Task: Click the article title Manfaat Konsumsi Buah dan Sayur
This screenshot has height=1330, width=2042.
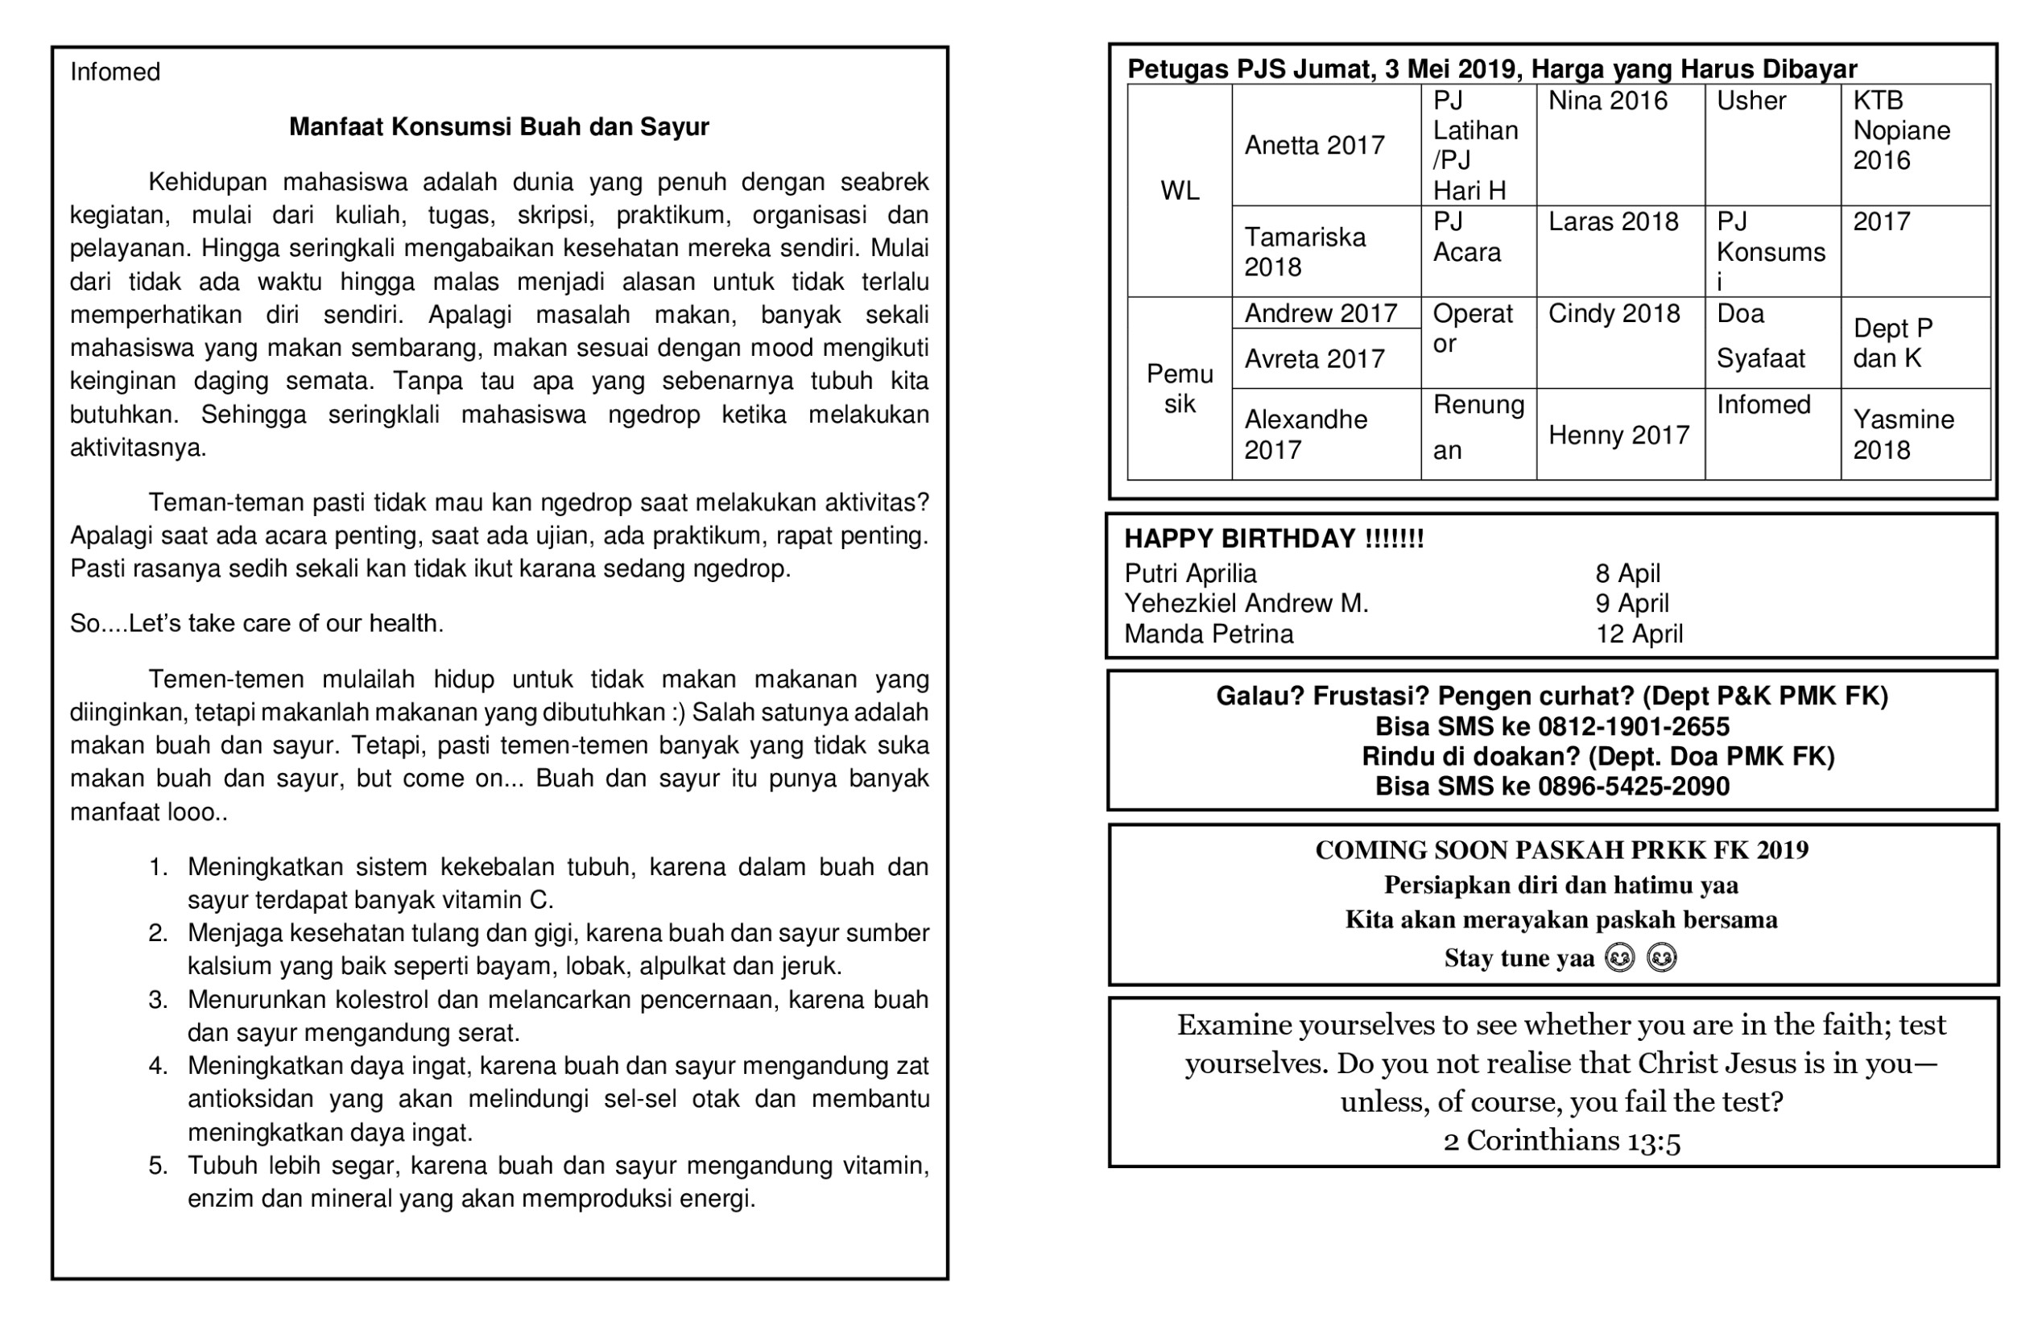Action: (498, 127)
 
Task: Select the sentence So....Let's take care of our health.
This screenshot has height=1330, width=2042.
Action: (257, 623)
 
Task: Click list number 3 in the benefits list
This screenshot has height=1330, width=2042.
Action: (158, 1000)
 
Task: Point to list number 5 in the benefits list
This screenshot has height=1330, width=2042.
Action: (158, 1165)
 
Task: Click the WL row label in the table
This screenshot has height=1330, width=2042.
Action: (1180, 191)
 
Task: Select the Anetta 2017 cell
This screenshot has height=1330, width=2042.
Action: (1314, 145)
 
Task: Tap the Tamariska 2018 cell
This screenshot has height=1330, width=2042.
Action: (1304, 251)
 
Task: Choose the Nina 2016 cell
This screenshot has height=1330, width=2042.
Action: (1608, 101)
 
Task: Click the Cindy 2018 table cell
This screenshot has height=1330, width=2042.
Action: (1614, 313)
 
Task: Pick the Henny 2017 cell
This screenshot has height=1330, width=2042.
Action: (1619, 435)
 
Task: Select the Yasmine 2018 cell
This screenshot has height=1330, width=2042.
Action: (1903, 434)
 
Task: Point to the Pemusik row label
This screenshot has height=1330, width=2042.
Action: (1180, 389)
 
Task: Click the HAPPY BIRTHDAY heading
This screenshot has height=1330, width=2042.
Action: (1274, 539)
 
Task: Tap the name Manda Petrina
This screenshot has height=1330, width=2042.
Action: (1209, 634)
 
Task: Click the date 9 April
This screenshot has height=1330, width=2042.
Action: (1632, 603)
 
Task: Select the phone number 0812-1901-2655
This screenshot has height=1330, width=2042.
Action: (1634, 727)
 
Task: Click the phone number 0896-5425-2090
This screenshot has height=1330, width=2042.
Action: (1634, 786)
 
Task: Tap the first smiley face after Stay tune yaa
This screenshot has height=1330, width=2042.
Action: (1620, 957)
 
